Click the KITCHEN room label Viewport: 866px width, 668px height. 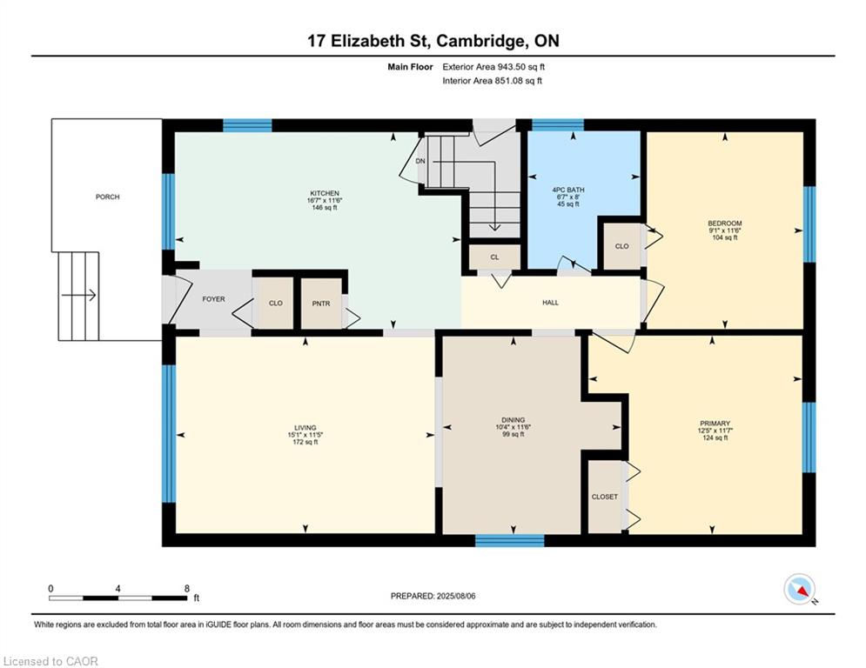[324, 193]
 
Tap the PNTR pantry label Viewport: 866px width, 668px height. [321, 303]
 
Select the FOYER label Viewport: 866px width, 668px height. [214, 298]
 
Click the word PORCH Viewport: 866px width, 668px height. [107, 197]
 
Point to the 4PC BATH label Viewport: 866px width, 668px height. [568, 190]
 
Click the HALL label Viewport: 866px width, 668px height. [550, 303]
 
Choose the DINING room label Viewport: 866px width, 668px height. [514, 419]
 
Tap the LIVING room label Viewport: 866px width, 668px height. [305, 427]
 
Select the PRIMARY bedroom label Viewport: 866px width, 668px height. [715, 424]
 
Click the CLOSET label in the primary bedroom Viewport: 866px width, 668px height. [605, 497]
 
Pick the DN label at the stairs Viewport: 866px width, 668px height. [420, 161]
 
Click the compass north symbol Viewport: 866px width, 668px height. [800, 590]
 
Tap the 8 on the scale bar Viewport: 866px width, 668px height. [186, 589]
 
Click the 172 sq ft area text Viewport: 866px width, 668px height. [305, 442]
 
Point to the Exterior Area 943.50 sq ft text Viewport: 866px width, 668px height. [493, 67]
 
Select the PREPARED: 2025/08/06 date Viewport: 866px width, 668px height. [433, 596]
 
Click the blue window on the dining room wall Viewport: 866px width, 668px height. [510, 540]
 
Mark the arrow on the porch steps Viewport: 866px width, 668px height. [79, 296]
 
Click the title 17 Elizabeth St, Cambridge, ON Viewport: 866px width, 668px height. [433, 40]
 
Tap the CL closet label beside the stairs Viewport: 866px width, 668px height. [494, 257]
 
